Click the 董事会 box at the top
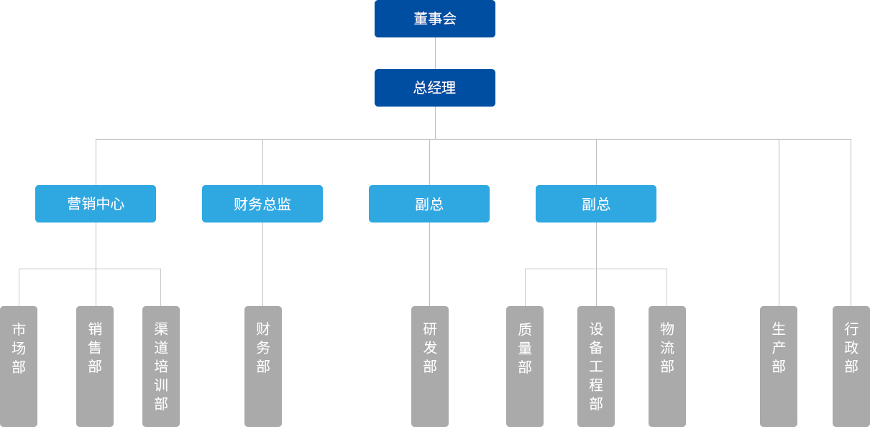coord(434,19)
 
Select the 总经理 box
coord(434,88)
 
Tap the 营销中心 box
coord(96,204)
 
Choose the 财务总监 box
coord(262,204)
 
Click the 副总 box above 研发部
coord(429,204)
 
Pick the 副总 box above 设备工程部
coord(596,204)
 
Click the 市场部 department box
coord(19,366)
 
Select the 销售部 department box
coord(95,366)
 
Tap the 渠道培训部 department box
coord(161,366)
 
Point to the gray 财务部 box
coord(263,366)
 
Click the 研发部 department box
coord(430,366)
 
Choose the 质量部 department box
coord(525,366)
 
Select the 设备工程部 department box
coord(596,366)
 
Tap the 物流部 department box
coord(667,366)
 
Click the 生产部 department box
coord(779,366)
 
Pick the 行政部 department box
coord(851,366)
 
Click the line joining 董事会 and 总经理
coord(435,53)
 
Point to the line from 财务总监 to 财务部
coord(262,264)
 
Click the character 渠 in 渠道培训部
coord(161,329)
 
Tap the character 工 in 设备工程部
coord(596,367)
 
